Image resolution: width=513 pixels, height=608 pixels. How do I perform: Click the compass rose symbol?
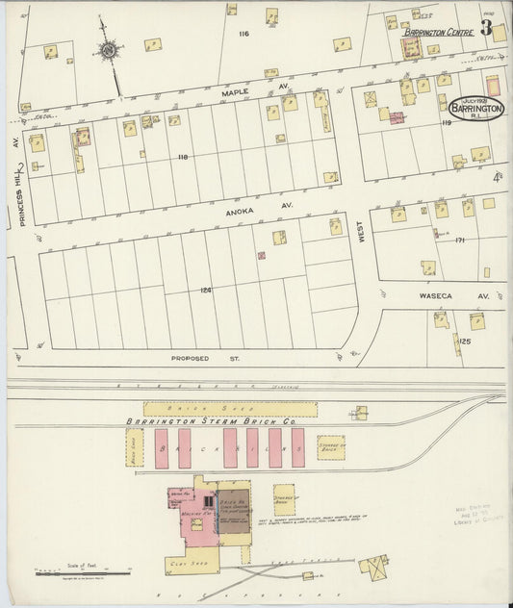click(109, 50)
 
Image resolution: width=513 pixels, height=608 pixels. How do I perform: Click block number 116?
click(244, 34)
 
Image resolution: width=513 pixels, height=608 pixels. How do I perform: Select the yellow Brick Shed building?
click(230, 409)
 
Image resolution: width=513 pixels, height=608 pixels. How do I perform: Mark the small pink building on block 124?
click(261, 256)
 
